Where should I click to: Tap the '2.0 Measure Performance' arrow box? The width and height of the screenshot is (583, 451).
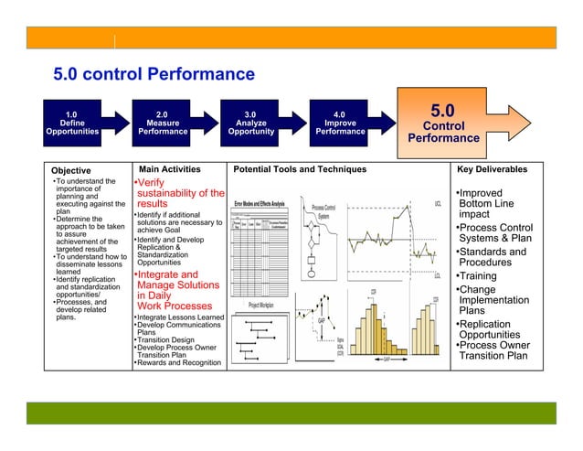tap(164, 123)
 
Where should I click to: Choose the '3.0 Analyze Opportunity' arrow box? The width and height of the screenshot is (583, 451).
tap(249, 123)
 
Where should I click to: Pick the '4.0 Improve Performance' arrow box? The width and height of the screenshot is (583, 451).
tap(340, 123)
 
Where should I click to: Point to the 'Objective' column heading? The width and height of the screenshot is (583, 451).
tap(70, 170)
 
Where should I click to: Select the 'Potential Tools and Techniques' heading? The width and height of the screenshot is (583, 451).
tap(300, 169)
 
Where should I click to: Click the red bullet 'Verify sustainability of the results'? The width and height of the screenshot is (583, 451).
tap(177, 193)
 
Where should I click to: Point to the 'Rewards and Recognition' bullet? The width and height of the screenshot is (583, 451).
tap(178, 363)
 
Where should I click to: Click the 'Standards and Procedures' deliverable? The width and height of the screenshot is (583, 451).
tap(493, 257)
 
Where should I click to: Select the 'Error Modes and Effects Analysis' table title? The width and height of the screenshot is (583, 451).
tap(260, 202)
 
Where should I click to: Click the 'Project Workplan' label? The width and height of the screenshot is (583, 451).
tap(260, 305)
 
